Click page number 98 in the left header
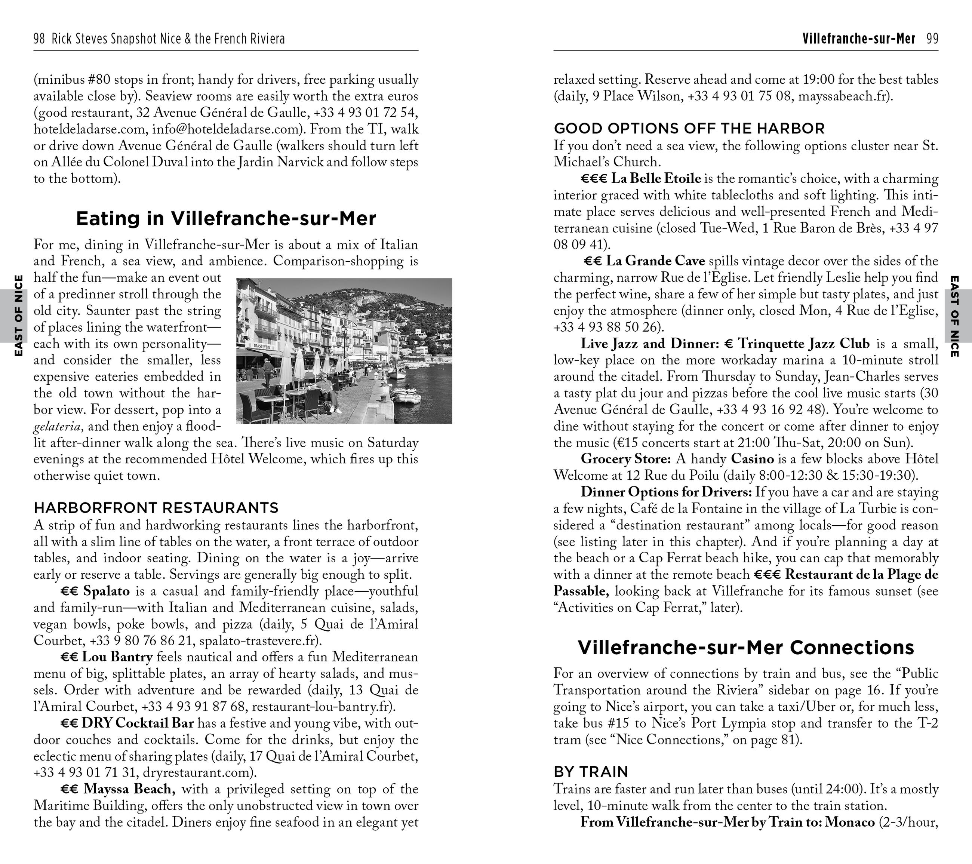tap(39, 39)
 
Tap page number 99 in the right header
tap(932, 39)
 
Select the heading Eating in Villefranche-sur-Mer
tap(226, 218)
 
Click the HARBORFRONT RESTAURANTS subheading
tap(156, 508)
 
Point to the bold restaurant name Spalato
tap(106, 591)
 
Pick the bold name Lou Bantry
tap(117, 657)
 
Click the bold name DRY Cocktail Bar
tap(138, 723)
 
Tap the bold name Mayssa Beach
tap(129, 789)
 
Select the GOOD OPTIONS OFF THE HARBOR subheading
tap(689, 128)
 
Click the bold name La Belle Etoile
tap(655, 178)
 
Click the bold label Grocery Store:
tap(625, 459)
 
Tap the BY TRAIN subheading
tap(591, 771)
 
